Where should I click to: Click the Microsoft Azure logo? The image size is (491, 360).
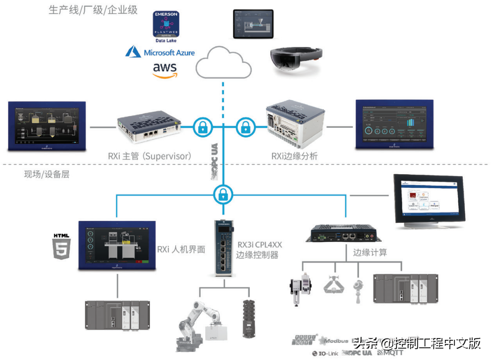(x=160, y=52)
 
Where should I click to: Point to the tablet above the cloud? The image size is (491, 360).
(x=253, y=23)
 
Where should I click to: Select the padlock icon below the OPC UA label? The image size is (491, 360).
(x=223, y=194)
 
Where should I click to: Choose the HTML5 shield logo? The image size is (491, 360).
(x=62, y=245)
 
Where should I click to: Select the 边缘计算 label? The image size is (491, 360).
(x=370, y=252)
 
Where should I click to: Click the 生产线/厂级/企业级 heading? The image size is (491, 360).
(x=93, y=10)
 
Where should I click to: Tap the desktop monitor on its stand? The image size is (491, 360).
(x=428, y=200)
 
